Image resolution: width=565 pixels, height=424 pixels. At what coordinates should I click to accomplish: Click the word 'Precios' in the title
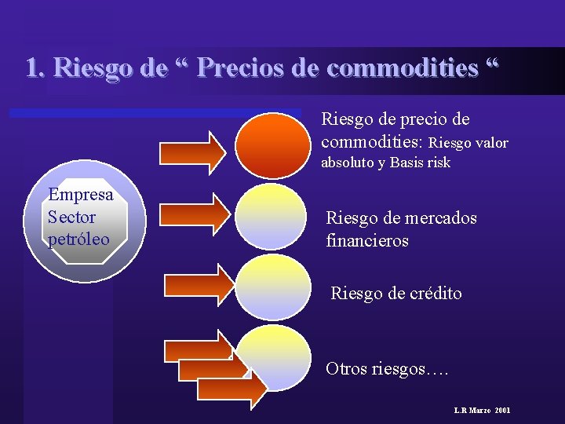tap(239, 68)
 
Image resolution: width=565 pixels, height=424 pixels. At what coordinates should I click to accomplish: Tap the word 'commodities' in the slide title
tap(402, 68)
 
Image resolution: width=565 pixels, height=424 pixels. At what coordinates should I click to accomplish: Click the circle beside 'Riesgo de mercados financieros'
tap(273, 217)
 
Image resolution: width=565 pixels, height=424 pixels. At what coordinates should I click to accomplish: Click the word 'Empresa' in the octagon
tap(81, 195)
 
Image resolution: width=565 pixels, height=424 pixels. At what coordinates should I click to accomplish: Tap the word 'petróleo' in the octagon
tap(79, 239)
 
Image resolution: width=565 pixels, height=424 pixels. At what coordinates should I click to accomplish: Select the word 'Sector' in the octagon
tap(72, 217)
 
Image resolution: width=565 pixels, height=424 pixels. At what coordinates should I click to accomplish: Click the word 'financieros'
tap(367, 241)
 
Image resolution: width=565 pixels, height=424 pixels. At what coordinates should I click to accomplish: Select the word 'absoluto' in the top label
tap(347, 163)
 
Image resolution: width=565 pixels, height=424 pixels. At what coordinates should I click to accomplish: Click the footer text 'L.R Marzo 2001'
tap(482, 411)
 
